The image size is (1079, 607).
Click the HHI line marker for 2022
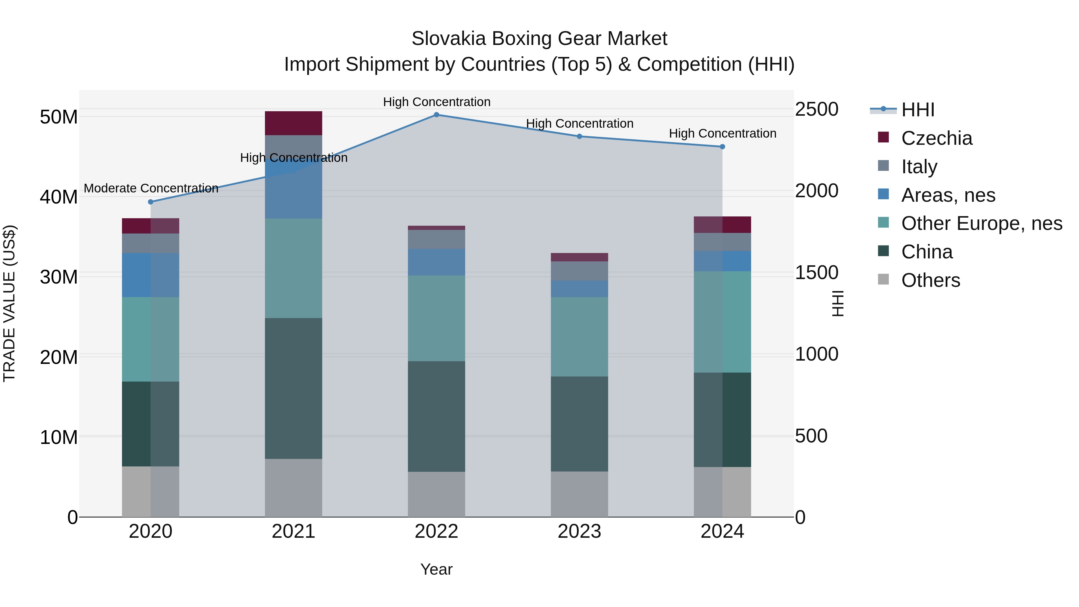436,115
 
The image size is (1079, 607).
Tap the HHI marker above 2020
151,202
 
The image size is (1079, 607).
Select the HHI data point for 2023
579,136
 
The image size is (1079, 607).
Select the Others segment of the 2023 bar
579,494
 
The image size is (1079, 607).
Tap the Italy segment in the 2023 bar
579,271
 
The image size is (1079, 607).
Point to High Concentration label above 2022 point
436,102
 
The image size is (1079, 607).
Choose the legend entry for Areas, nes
948,195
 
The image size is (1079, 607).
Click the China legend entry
926,252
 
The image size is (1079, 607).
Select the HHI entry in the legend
917,110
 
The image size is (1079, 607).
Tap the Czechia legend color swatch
883,137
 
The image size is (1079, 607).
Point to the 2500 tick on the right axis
816,109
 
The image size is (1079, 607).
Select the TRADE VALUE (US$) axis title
9,303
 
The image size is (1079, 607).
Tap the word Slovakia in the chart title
448,39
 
